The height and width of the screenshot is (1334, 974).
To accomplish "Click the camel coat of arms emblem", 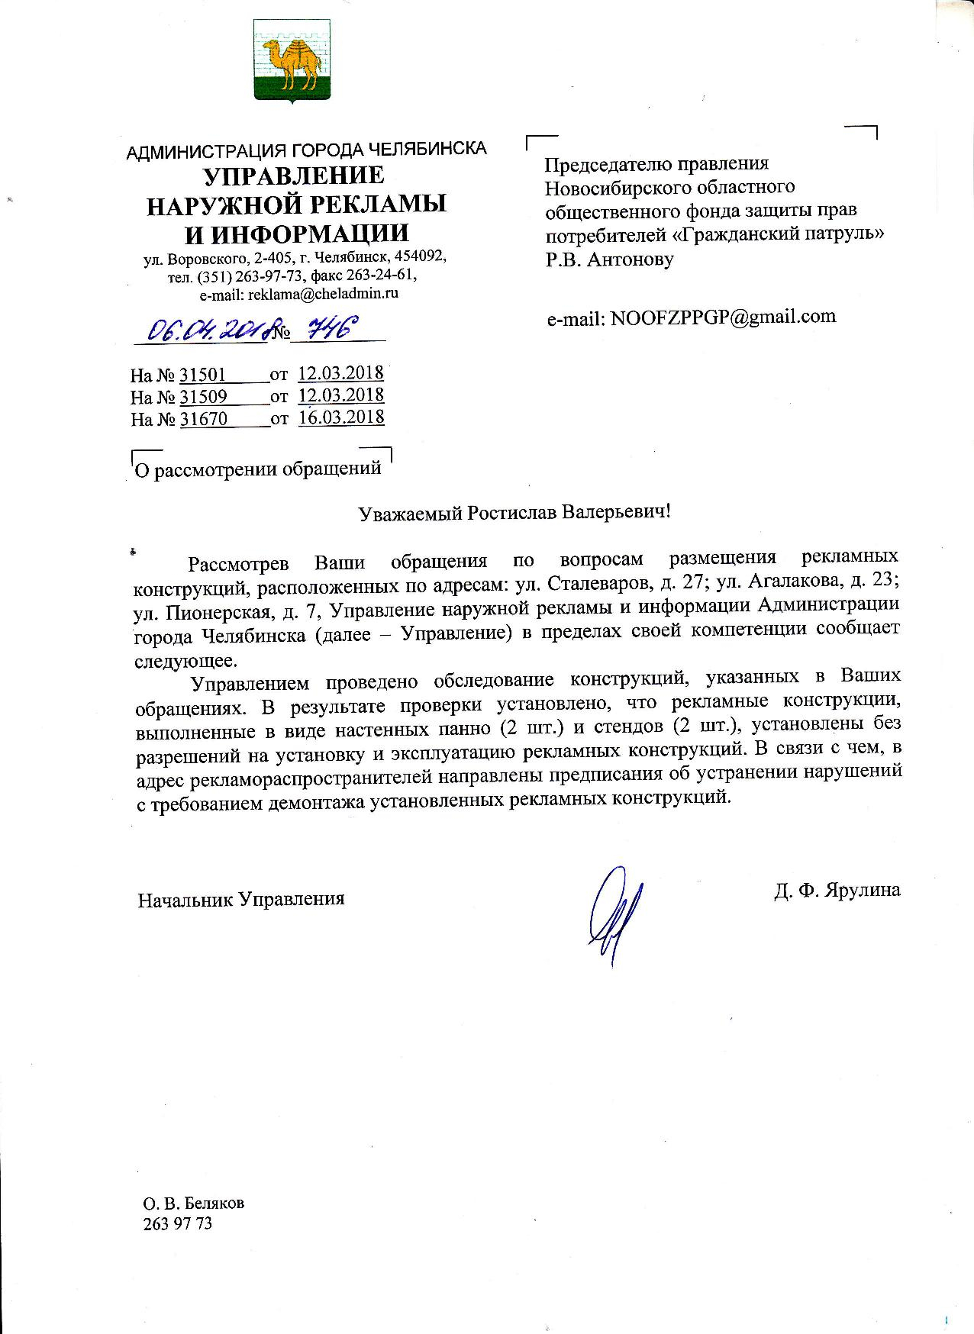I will click(x=292, y=60).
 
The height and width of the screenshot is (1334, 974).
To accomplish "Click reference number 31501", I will click(x=203, y=375).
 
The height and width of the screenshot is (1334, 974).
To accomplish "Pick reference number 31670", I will click(x=203, y=419).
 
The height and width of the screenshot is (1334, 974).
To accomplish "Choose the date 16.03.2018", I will click(x=341, y=417).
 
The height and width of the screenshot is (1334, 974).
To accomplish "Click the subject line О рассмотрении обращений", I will click(x=257, y=469).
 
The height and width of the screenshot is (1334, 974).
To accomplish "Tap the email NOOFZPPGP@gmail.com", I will click(x=723, y=317).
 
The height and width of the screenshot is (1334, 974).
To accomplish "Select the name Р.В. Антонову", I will click(x=609, y=259).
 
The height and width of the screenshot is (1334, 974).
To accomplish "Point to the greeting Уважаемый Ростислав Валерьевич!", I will click(x=514, y=511).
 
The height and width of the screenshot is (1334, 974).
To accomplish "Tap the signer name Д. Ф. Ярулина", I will click(x=837, y=890).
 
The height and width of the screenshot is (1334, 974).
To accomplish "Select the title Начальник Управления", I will click(x=240, y=899).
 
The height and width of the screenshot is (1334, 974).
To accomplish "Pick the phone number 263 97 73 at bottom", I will click(x=177, y=1224).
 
